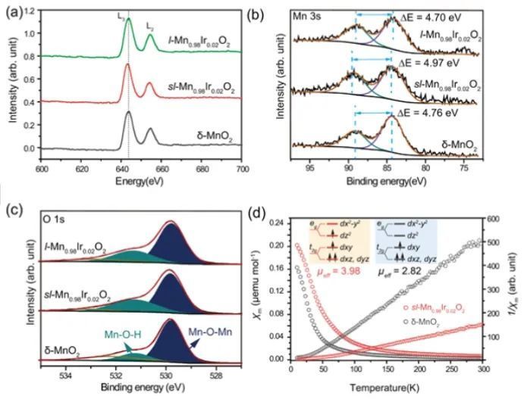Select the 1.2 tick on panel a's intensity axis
point(30,14)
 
